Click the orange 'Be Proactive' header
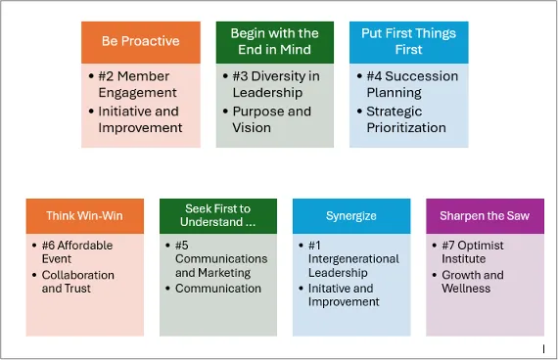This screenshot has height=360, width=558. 140,41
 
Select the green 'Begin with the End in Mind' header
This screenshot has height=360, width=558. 274,41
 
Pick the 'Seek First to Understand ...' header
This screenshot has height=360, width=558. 217,216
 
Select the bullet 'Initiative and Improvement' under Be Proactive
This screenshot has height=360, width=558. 140,119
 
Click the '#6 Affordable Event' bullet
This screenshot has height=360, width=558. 78,251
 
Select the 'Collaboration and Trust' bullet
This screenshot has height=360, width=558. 78,282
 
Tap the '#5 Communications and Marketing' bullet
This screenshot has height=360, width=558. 221,258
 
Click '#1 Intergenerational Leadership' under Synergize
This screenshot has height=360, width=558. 354,258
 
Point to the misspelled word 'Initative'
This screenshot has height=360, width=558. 327,289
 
